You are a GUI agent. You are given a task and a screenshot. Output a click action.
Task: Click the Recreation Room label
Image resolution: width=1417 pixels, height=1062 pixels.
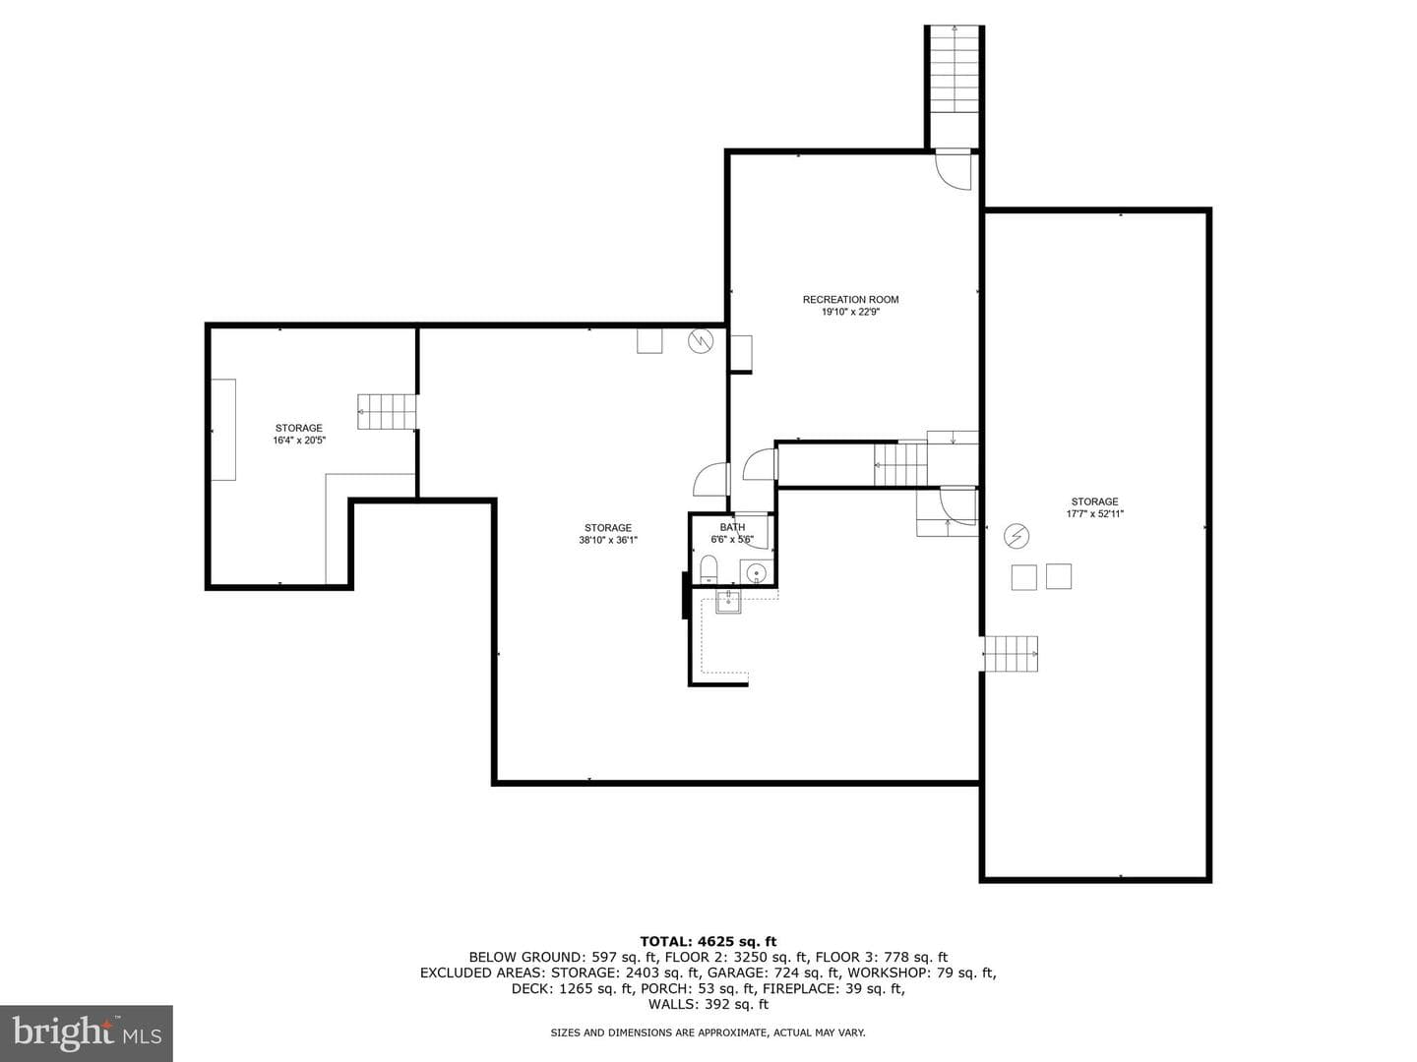[x=850, y=299]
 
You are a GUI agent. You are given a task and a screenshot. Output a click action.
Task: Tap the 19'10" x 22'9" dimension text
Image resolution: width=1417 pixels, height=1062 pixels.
[x=850, y=312]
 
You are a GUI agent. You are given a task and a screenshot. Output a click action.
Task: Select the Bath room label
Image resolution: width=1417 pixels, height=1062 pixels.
[x=732, y=527]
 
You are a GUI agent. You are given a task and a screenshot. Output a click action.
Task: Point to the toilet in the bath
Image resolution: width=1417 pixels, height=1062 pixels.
[x=708, y=567]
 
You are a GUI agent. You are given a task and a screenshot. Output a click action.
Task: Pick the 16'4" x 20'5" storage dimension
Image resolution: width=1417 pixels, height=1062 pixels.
[x=299, y=441]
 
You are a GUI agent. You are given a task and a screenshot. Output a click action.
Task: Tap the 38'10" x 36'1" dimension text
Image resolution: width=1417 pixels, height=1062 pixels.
[x=607, y=541]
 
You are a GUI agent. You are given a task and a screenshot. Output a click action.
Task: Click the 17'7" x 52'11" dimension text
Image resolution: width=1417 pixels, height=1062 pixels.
[x=1094, y=514]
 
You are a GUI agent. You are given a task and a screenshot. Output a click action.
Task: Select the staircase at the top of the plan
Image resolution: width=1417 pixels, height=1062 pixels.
[x=955, y=87]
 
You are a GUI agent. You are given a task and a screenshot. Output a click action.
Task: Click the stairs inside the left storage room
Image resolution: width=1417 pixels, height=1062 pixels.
[x=387, y=411]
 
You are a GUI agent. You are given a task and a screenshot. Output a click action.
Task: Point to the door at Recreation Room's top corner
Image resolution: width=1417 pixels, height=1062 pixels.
[x=954, y=169]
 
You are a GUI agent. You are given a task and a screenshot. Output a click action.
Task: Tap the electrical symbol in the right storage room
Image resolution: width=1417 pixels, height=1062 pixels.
[x=1017, y=536]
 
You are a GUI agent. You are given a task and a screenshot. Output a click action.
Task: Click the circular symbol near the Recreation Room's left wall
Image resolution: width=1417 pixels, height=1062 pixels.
[x=701, y=341]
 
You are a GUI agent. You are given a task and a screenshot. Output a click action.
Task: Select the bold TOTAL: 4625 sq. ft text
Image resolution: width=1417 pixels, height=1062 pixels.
[x=708, y=941]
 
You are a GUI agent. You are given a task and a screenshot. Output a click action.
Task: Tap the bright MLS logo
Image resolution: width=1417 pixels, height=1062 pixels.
[x=87, y=1032]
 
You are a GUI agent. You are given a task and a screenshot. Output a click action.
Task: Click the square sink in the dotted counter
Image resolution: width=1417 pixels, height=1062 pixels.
[x=728, y=603]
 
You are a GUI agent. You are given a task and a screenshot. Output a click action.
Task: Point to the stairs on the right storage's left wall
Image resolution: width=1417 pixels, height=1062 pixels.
[x=1011, y=654]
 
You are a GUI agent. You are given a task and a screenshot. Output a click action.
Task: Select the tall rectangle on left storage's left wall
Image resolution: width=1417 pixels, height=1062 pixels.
[x=223, y=430]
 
